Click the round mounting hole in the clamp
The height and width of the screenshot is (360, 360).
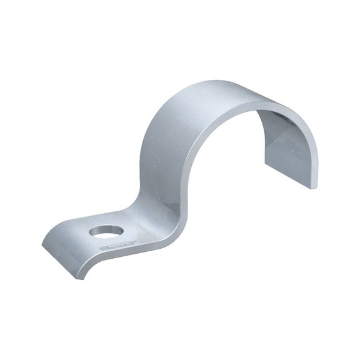102,232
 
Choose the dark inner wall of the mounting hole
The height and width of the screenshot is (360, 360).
101,229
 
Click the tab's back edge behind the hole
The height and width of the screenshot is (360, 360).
119,214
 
